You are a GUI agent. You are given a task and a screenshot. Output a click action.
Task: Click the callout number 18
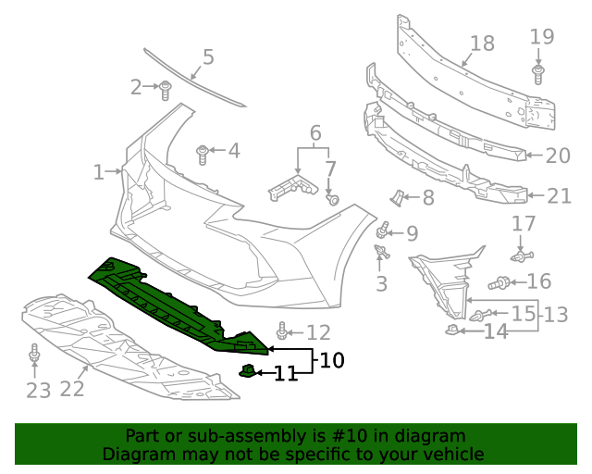tap(482, 44)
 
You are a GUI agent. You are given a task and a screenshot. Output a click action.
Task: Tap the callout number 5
tap(208, 57)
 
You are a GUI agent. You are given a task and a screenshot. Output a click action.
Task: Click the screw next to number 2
tap(166, 90)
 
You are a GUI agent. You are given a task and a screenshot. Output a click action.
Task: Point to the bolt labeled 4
tap(203, 151)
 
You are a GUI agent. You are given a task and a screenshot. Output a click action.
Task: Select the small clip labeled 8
tap(397, 196)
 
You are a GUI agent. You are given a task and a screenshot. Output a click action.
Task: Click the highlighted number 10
tap(331, 359)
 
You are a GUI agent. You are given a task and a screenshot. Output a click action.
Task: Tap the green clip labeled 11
tap(247, 371)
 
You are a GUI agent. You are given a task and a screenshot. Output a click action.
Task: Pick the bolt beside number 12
tap(283, 331)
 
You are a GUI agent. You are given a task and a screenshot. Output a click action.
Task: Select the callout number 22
tap(72, 389)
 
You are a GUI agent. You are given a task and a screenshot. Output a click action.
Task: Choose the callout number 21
tap(559, 195)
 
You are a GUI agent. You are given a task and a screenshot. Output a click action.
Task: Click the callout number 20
tap(558, 156)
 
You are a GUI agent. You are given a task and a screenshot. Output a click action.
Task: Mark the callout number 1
tap(99, 171)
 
